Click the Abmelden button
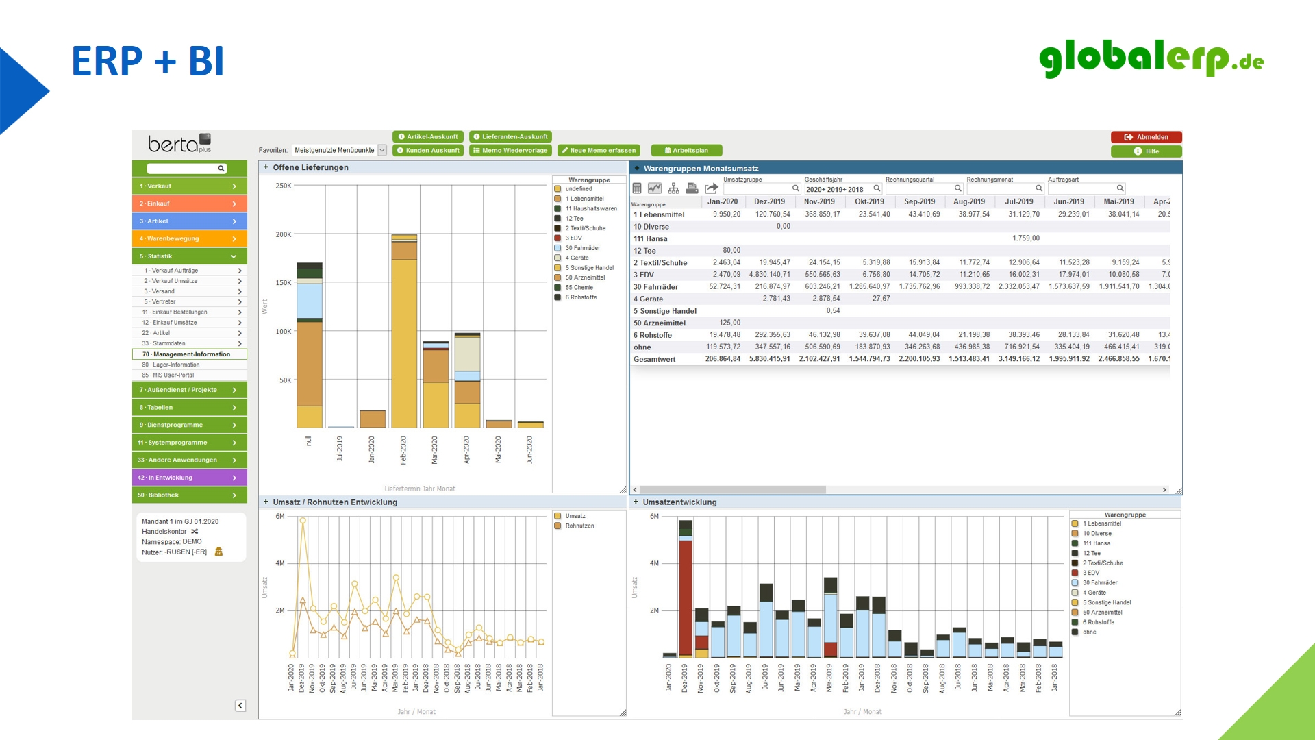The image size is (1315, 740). (x=1146, y=137)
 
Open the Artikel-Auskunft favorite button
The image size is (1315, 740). (x=428, y=137)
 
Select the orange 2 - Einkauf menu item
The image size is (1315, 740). (x=189, y=203)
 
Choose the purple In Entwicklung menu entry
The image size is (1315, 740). (x=189, y=478)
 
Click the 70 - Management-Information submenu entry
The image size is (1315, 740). (x=189, y=354)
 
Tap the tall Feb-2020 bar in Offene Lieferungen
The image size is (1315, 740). (x=404, y=343)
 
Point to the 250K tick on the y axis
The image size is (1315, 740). (x=284, y=186)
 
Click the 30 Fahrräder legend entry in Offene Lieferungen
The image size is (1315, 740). (x=582, y=248)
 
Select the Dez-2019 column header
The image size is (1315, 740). (x=769, y=201)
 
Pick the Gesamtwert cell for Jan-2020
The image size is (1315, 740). (x=723, y=359)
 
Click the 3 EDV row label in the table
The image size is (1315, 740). (x=644, y=275)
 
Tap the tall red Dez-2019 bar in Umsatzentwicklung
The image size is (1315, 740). (x=685, y=589)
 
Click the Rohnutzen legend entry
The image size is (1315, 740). (x=579, y=526)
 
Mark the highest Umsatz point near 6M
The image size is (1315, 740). (x=303, y=521)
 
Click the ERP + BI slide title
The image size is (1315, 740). (x=148, y=62)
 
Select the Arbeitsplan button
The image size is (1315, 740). (x=686, y=151)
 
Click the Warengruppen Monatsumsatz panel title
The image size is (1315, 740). (x=701, y=169)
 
